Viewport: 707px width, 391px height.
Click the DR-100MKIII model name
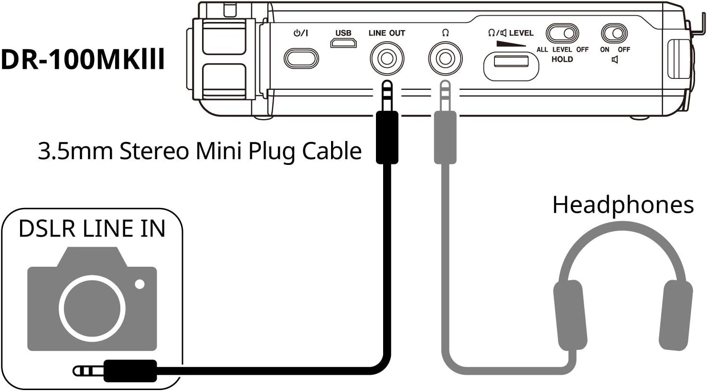click(x=83, y=60)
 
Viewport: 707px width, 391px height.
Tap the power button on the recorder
click(x=301, y=59)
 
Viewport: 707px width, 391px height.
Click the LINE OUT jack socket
click(x=387, y=59)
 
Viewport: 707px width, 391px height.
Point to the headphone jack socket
click(x=445, y=59)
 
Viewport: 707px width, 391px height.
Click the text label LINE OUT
click(x=386, y=33)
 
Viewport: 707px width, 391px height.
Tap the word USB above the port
click(x=343, y=33)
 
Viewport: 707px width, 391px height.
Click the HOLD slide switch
click(x=562, y=34)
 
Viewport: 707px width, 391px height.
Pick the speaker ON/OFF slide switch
click(x=614, y=34)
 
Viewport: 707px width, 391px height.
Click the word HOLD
click(x=562, y=59)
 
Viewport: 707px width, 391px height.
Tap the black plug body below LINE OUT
click(x=387, y=137)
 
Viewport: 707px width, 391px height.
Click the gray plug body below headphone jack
click(x=445, y=137)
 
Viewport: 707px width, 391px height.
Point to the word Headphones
click(x=622, y=205)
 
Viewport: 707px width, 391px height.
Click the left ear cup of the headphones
click(x=569, y=315)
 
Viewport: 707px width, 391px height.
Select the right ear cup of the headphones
click(x=675, y=315)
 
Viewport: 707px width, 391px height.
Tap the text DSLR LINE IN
click(x=92, y=228)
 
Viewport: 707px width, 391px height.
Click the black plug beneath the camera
click(x=130, y=371)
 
